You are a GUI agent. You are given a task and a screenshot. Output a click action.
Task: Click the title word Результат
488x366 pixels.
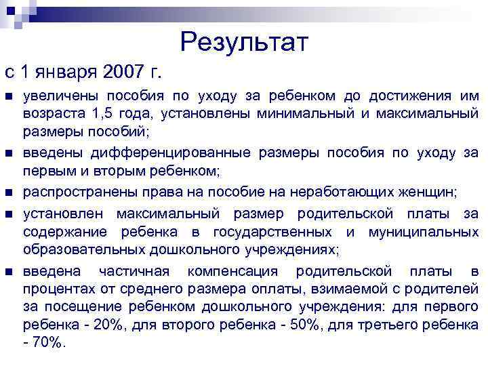(245, 43)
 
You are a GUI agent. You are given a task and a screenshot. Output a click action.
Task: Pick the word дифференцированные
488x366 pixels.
(139, 153)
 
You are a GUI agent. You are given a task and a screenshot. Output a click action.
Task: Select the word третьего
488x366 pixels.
(394, 325)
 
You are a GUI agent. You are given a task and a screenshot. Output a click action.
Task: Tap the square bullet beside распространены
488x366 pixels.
(9, 193)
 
